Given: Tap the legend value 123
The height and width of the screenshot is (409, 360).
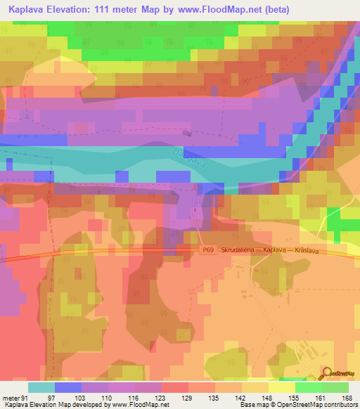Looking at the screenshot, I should [161, 398].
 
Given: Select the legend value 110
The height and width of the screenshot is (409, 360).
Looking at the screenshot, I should [107, 398].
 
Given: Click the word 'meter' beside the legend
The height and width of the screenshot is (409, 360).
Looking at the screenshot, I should [10, 398].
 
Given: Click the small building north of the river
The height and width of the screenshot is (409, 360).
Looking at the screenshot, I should [186, 131].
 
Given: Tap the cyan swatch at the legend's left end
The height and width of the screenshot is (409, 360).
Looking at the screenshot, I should [41, 387].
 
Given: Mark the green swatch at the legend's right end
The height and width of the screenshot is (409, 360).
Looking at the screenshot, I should [335, 387].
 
